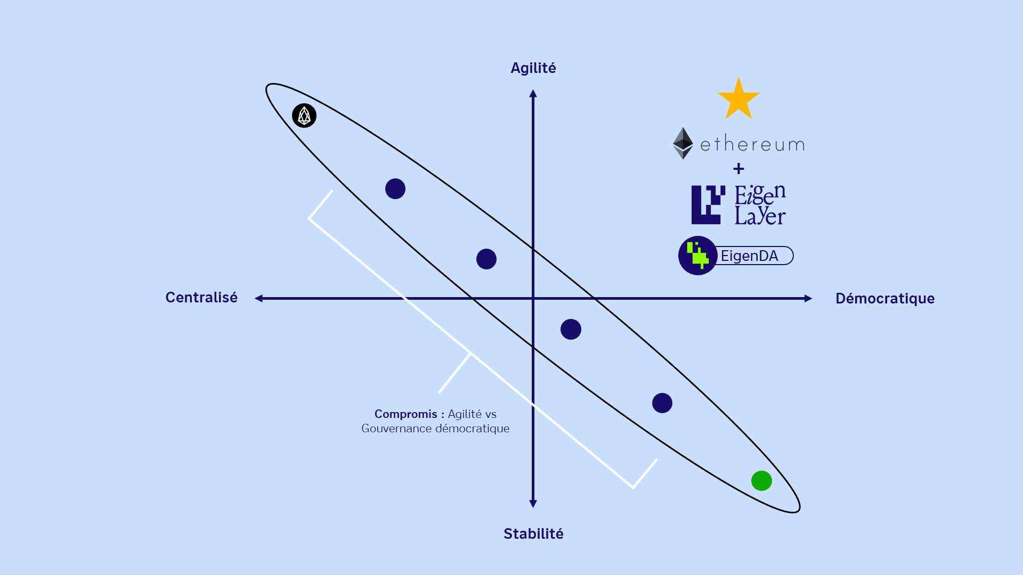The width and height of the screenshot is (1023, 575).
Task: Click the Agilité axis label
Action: (533, 68)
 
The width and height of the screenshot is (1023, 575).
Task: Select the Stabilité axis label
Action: (533, 533)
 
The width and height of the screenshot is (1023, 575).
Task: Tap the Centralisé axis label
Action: (201, 297)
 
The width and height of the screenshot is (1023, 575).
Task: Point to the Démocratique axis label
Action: (884, 298)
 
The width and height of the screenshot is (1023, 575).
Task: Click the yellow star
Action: (738, 100)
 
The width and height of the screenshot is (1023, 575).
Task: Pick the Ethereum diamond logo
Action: (683, 143)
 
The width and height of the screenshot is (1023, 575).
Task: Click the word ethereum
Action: (752, 144)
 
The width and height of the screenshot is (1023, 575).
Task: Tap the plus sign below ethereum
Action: (738, 169)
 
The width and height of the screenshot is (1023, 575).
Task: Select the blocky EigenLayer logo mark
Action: (708, 205)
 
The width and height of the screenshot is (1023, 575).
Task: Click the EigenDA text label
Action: (749, 256)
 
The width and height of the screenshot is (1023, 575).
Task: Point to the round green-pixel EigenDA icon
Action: (697, 256)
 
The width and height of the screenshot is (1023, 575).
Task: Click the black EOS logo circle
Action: (304, 116)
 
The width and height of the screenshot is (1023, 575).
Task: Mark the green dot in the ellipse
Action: (761, 481)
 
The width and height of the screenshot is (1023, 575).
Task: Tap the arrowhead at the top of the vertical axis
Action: (533, 94)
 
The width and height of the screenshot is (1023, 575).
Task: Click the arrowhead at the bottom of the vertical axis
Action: (533, 504)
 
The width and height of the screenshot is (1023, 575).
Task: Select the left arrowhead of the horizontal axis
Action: (259, 299)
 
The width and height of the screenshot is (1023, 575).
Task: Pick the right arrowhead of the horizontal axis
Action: (808, 299)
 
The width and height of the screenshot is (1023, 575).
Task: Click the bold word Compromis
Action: (405, 414)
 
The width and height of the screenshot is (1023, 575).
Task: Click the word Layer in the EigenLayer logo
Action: (760, 216)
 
